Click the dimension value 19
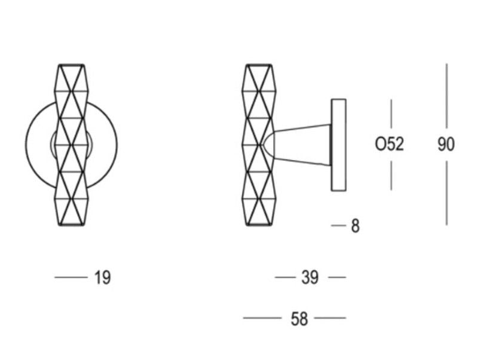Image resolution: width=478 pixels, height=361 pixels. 102,277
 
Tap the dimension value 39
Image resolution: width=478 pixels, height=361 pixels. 310,277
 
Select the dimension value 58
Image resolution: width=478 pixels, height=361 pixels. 299,319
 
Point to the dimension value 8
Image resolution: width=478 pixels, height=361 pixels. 355,227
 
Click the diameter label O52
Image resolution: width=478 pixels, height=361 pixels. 390,144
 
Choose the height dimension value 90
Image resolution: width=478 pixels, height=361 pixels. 446,144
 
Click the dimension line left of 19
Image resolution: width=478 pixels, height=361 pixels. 71,277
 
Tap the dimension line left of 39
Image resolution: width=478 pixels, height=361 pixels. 286,277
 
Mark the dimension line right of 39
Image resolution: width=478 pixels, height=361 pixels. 337,277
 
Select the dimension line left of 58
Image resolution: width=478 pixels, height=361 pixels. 262,318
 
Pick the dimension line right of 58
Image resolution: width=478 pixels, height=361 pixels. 330,318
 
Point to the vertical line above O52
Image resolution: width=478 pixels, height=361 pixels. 391,114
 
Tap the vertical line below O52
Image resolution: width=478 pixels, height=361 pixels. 391,176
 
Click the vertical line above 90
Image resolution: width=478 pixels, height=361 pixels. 446,96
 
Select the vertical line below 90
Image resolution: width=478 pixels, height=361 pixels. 446,193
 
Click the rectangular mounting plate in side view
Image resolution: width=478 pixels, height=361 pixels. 339,145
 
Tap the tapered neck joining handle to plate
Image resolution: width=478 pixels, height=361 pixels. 302,145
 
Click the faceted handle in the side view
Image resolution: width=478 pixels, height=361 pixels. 259,145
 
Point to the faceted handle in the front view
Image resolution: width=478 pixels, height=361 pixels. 71,145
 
